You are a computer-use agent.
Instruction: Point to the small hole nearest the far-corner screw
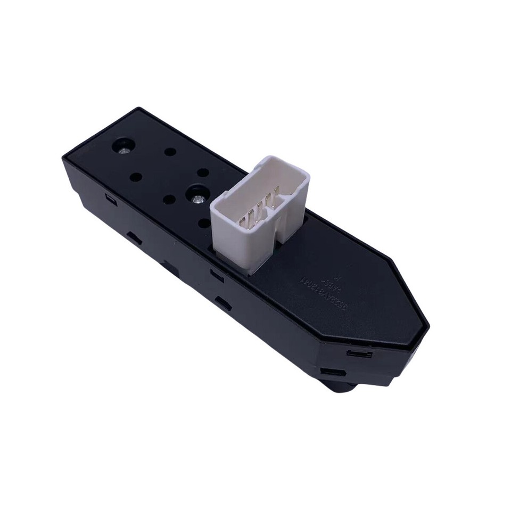(x=170, y=152)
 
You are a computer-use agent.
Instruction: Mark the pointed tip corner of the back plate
(x=427, y=323)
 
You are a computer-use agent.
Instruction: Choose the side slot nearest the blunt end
(x=110, y=200)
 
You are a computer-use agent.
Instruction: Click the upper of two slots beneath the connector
(x=217, y=275)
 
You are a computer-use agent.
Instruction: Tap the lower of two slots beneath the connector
(x=222, y=303)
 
